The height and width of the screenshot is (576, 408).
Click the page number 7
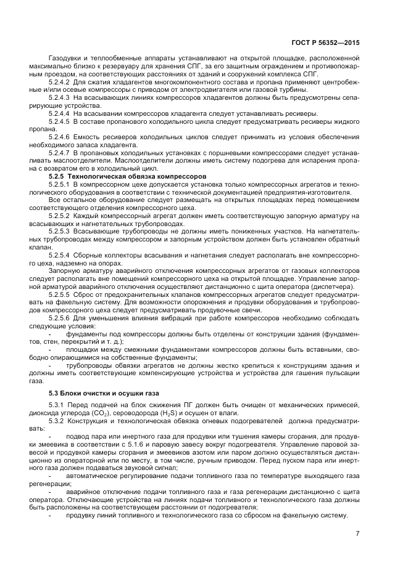(357, 533)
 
